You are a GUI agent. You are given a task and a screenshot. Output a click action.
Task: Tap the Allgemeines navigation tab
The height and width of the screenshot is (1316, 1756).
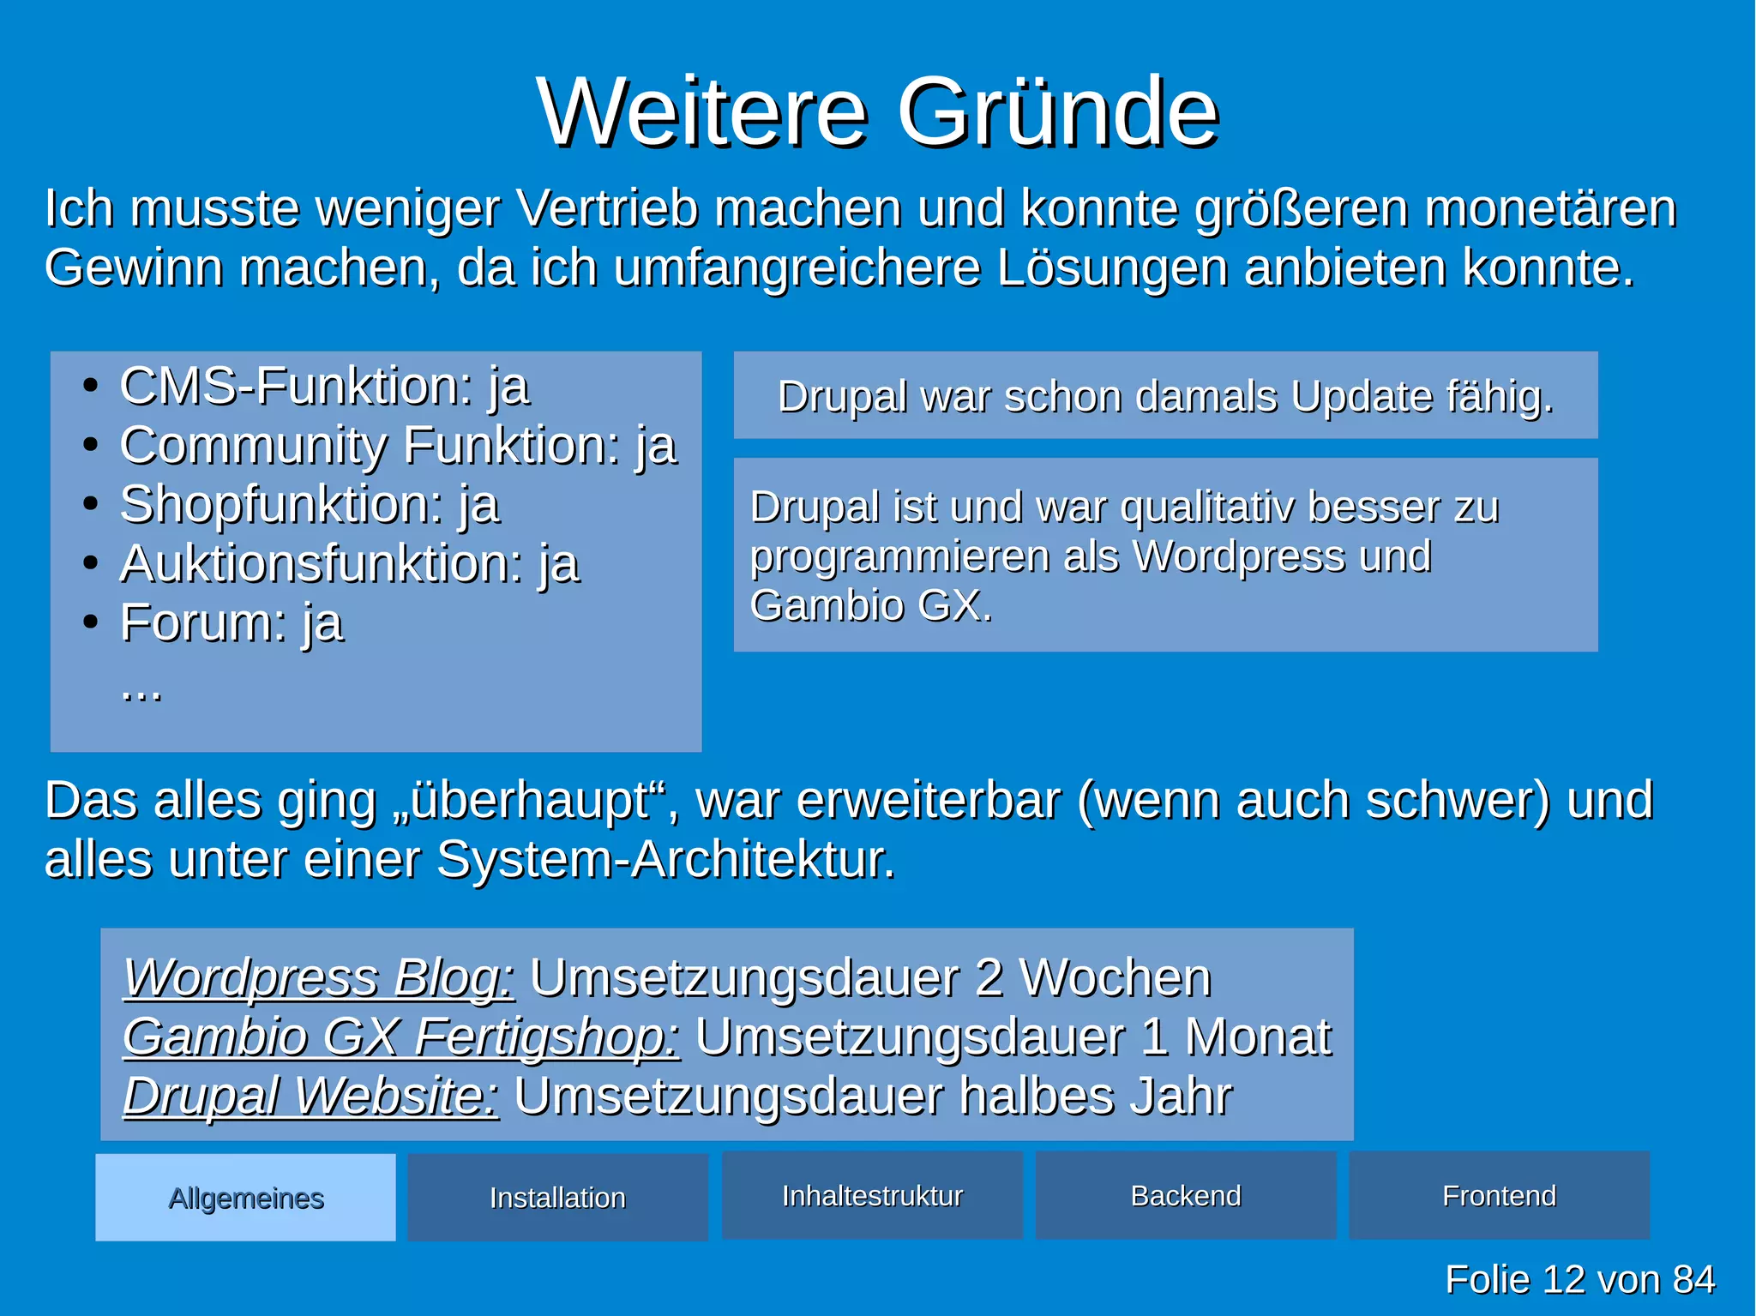click(x=246, y=1198)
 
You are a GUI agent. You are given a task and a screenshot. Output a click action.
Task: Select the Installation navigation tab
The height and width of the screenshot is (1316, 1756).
click(x=557, y=1198)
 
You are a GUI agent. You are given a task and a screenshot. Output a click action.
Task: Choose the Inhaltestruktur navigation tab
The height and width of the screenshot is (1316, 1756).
click(x=872, y=1196)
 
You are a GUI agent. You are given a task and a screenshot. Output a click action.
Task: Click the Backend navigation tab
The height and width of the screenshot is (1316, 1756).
click(x=1186, y=1196)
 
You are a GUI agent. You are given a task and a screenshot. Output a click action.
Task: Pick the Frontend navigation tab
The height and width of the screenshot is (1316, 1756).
click(x=1499, y=1196)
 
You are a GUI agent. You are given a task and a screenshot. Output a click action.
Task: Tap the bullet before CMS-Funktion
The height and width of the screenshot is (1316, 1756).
click(x=90, y=386)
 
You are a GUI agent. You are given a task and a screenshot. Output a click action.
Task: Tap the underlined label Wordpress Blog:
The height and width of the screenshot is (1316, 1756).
click(x=319, y=977)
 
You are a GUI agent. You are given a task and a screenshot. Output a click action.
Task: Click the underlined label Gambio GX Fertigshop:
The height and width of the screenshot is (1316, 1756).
click(x=401, y=1037)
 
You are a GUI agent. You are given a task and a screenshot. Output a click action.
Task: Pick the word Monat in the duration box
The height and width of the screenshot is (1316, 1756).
click(x=1258, y=1037)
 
